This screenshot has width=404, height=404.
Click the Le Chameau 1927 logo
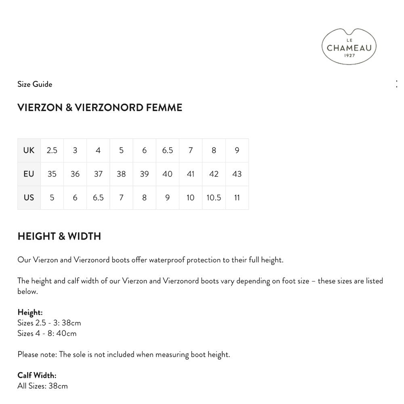[349, 47]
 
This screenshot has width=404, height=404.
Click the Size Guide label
[35, 84]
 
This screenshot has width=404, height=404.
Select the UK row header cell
[29, 150]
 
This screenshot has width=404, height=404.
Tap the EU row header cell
[29, 174]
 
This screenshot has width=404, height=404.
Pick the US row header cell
[29, 198]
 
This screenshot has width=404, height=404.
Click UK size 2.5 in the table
[52, 150]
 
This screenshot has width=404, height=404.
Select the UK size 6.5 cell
[167, 150]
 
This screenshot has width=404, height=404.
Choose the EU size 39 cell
[144, 174]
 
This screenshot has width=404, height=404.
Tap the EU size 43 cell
[237, 174]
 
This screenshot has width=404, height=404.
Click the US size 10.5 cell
[214, 198]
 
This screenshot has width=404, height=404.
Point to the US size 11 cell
[237, 198]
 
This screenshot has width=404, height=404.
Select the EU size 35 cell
[52, 174]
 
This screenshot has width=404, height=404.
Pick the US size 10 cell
[190, 198]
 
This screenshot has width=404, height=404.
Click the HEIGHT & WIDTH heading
[59, 236]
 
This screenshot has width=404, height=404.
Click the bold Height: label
[30, 312]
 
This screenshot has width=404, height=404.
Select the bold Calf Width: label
[37, 375]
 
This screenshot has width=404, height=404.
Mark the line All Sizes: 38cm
[42, 386]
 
